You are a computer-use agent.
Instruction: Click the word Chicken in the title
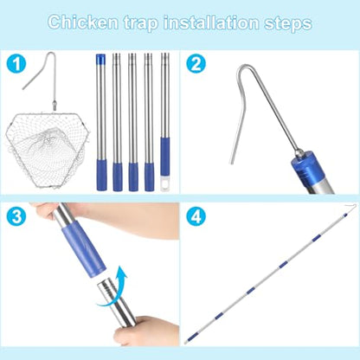click(83, 22)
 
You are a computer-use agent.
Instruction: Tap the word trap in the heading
click(141, 23)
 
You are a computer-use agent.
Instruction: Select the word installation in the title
click(211, 22)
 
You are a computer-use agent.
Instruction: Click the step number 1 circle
click(16, 64)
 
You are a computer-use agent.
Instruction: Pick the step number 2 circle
click(196, 64)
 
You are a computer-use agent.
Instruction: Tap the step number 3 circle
click(16, 216)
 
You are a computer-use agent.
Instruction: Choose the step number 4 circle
click(196, 216)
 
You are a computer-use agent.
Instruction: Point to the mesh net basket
click(46, 150)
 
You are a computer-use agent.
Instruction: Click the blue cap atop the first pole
click(100, 59)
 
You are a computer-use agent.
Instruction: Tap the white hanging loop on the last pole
click(165, 183)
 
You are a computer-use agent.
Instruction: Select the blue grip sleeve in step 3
click(83, 248)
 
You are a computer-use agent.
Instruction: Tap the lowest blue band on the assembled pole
click(191, 337)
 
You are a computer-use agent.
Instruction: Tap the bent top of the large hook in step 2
click(245, 67)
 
